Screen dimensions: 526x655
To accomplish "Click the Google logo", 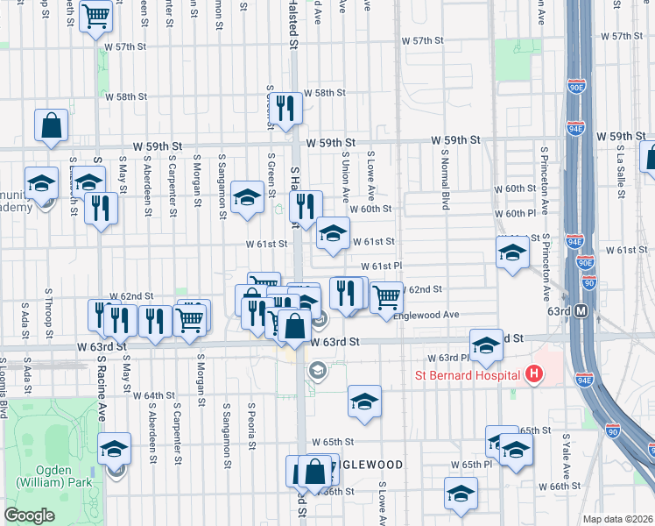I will click(29, 515).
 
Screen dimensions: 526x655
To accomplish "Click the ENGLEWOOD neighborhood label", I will click(368, 465).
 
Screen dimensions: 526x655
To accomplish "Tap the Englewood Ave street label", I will click(426, 315).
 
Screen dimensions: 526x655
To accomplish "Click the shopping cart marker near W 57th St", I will click(95, 15).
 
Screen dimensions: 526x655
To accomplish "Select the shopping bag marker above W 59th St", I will click(51, 124).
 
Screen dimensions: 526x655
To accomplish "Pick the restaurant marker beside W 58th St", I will click(285, 106).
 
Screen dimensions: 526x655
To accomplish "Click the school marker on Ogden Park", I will click(114, 448).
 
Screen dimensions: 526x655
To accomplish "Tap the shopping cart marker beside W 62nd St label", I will click(385, 297).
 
